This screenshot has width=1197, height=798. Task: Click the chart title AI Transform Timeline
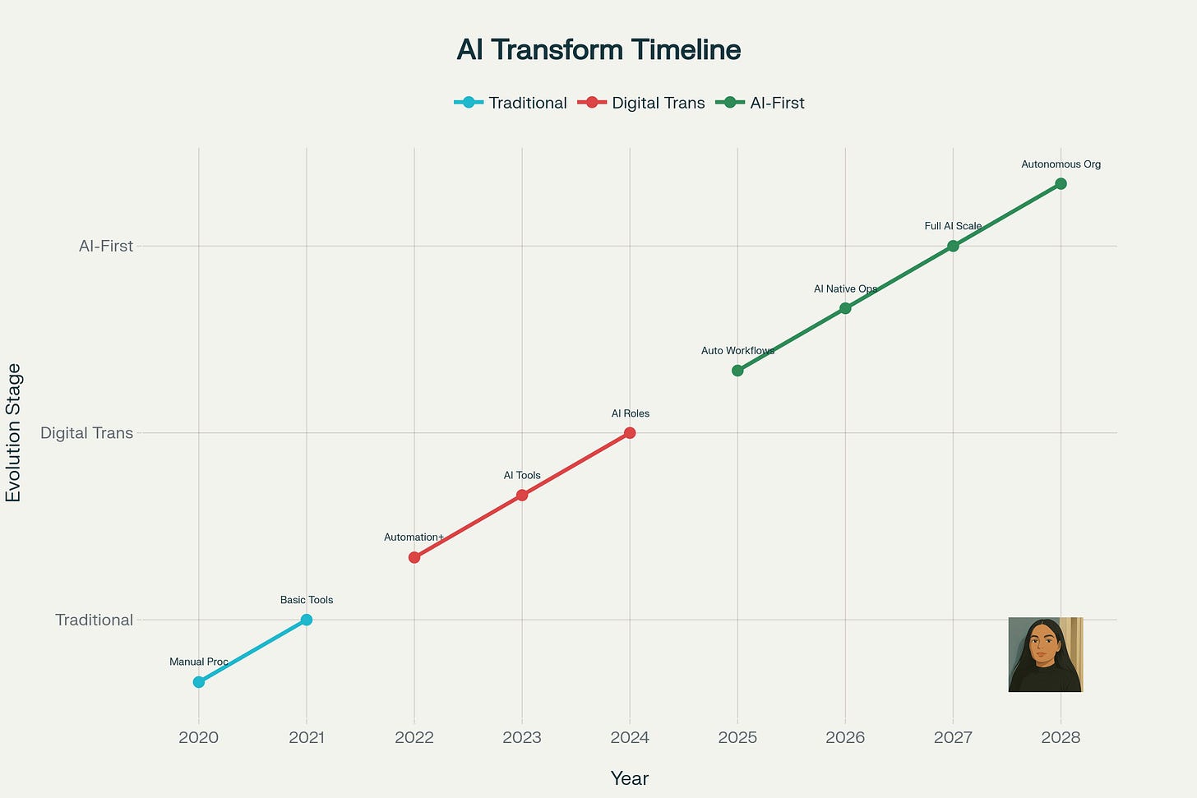(598, 50)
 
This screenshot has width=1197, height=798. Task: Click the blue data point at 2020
(199, 682)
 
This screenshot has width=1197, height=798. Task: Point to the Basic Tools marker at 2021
(307, 620)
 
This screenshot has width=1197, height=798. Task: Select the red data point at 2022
(414, 557)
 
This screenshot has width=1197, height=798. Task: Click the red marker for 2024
(630, 433)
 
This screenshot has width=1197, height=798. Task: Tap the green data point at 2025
(737, 371)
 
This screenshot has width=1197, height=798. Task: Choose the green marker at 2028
(1061, 183)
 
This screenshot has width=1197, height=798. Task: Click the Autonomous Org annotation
(1061, 164)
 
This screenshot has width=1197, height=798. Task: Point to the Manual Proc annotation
(199, 662)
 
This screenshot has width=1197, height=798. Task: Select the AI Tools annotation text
(522, 476)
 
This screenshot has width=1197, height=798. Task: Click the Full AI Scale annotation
(953, 226)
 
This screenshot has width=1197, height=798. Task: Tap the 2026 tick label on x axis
(845, 737)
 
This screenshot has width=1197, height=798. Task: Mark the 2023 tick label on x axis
(522, 737)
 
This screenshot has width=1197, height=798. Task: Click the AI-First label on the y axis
(106, 246)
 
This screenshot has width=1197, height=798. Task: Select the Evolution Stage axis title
(14, 433)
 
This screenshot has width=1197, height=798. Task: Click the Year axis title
(630, 778)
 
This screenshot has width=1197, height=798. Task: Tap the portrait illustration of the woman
(1045, 655)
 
